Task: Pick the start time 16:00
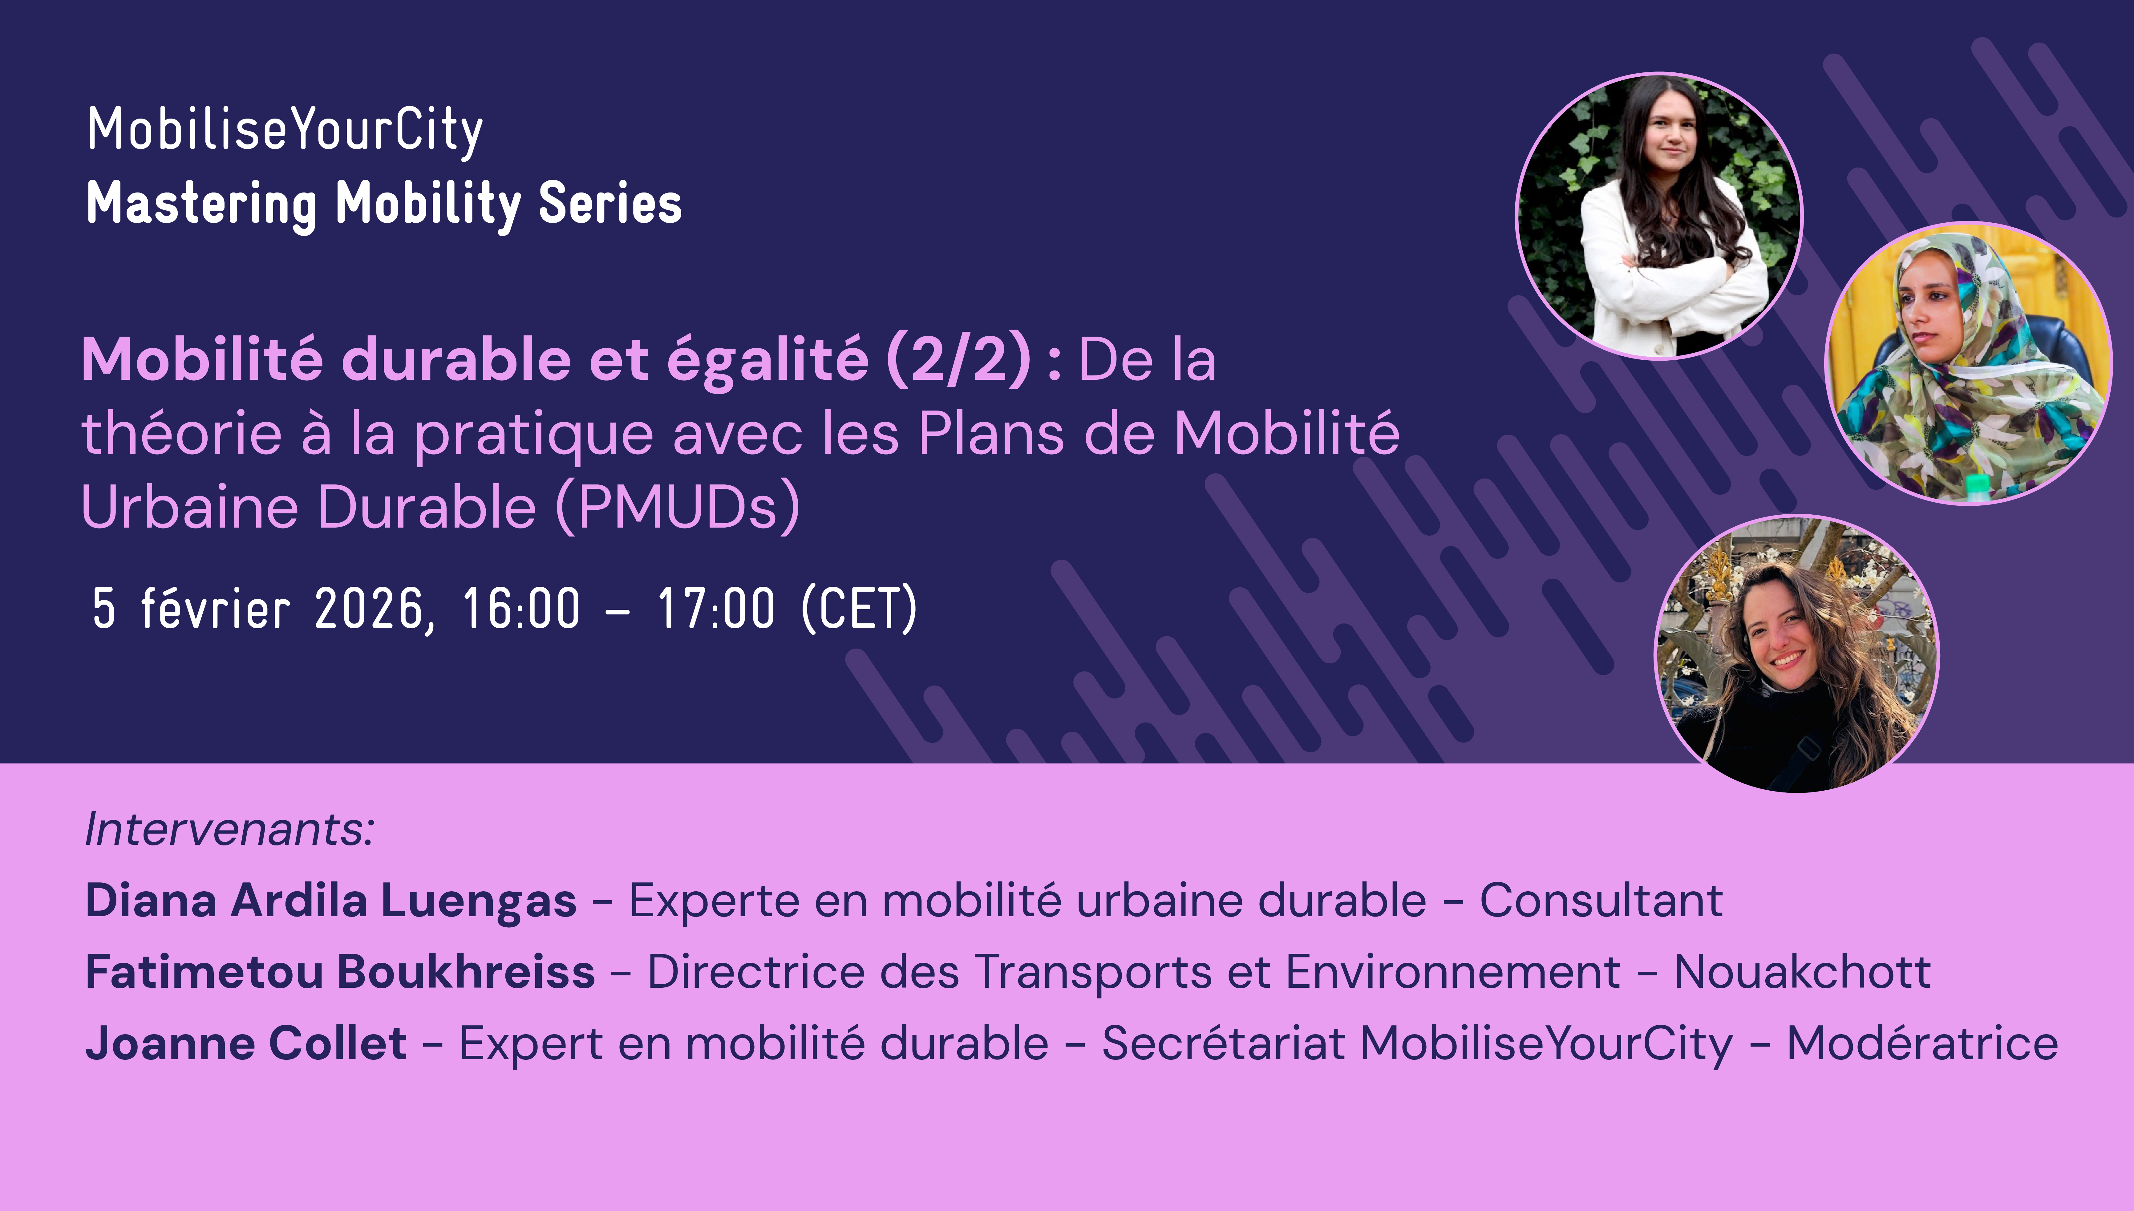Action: point(520,609)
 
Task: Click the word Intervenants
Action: point(229,829)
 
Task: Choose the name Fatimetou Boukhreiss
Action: point(340,971)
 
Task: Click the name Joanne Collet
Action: point(246,1043)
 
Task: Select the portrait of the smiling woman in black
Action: point(1796,654)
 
